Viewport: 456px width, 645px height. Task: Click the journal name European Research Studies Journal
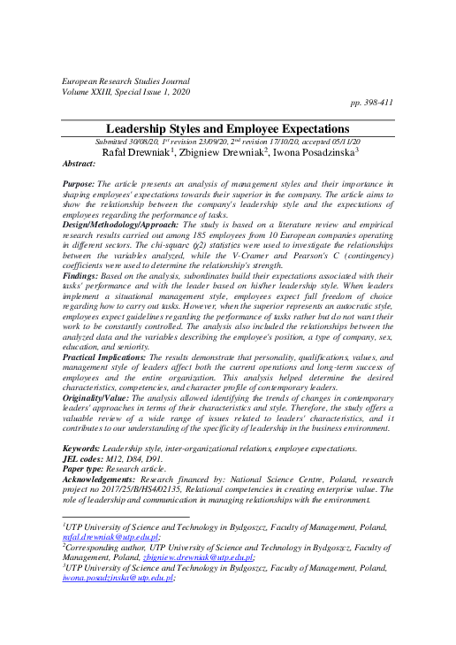click(125, 80)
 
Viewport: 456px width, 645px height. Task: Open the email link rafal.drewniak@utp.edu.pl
click(110, 537)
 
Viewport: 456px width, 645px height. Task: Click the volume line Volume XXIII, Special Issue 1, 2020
click(126, 91)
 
